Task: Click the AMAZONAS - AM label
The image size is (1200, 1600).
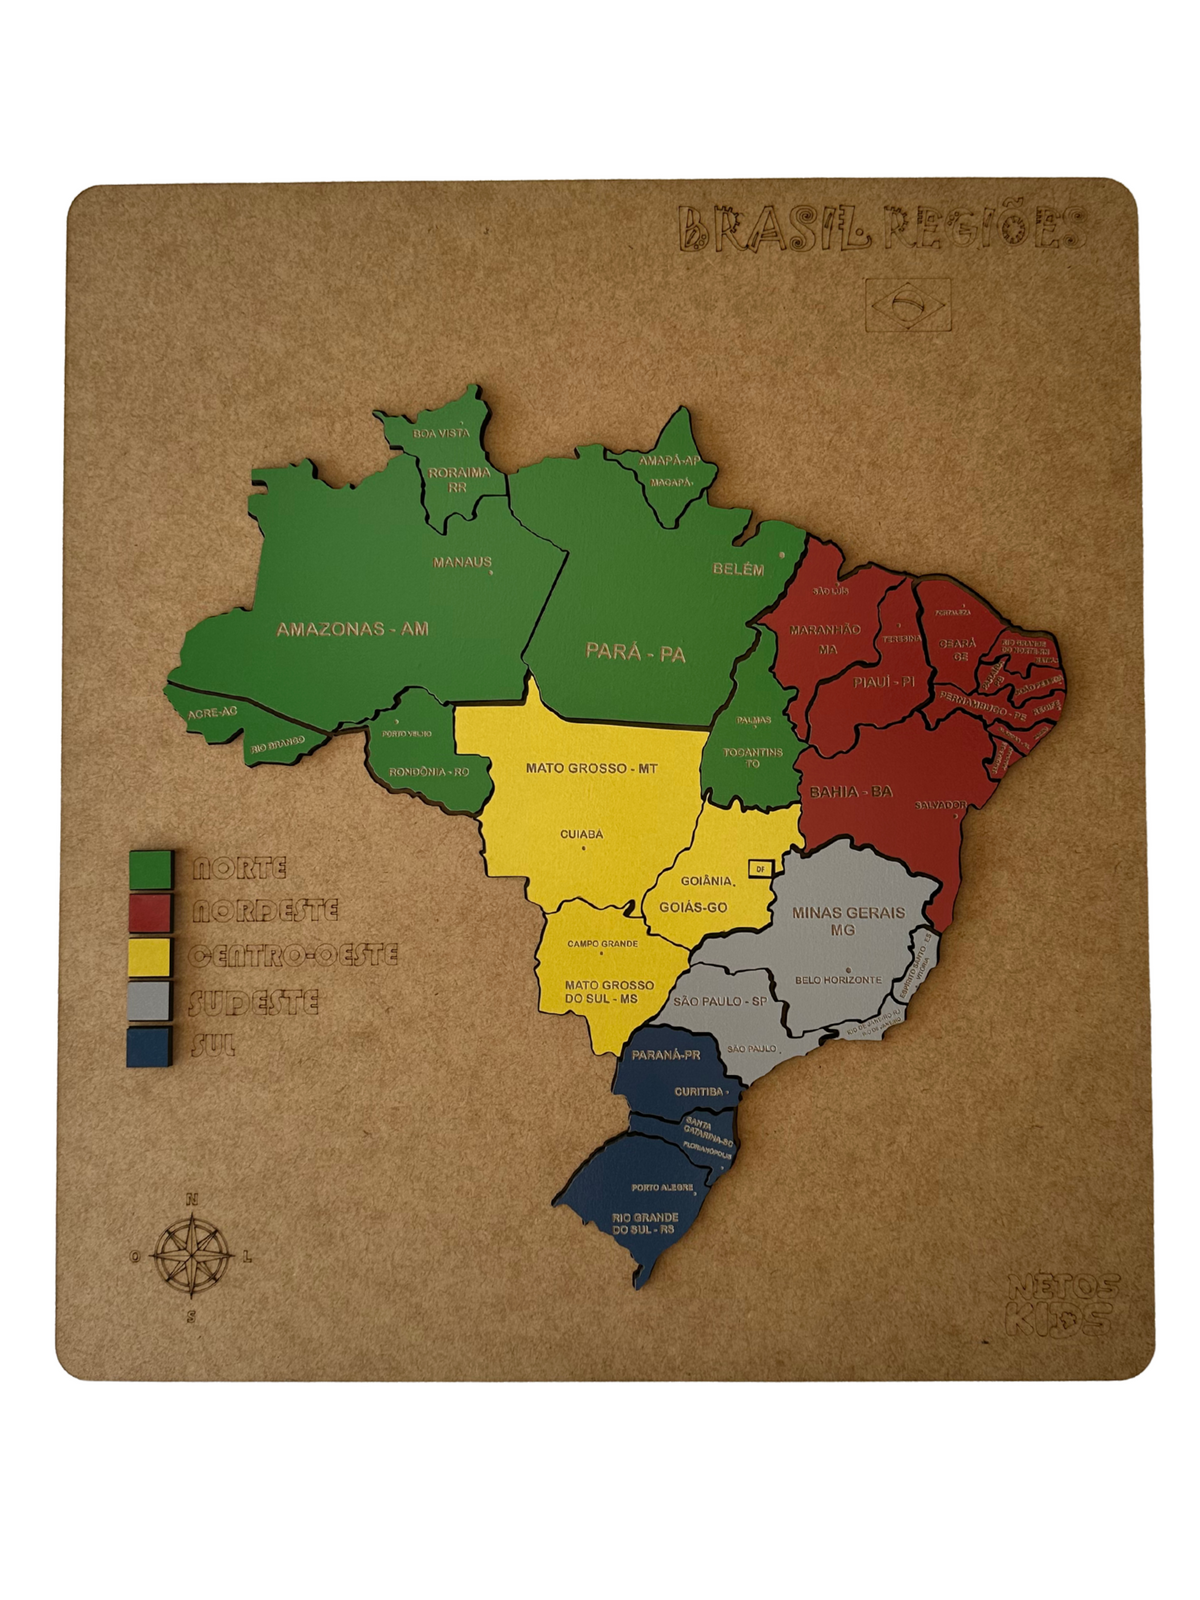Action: (x=352, y=629)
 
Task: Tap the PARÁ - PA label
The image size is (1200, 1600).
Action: (x=635, y=653)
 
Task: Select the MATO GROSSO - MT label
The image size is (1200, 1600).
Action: (x=591, y=768)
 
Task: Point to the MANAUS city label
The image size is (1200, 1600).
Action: (x=462, y=562)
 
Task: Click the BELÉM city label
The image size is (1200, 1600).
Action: (x=738, y=569)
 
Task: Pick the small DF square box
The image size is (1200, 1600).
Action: (x=760, y=868)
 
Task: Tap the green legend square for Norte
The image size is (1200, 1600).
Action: (x=151, y=869)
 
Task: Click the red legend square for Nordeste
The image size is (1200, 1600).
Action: (x=151, y=912)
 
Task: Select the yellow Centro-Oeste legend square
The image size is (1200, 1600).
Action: (x=151, y=956)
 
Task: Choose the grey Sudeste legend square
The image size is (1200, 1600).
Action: (x=151, y=1000)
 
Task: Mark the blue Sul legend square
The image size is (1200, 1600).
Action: (x=151, y=1046)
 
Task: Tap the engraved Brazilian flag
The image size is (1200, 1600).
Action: (x=908, y=304)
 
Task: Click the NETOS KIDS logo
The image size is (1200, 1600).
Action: (x=1062, y=1303)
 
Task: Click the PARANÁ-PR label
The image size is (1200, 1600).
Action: (x=666, y=1055)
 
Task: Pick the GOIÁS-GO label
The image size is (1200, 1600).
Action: (x=692, y=907)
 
